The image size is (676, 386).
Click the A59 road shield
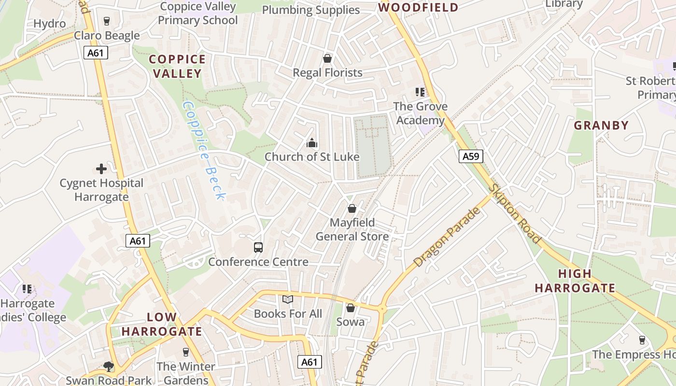point(470,156)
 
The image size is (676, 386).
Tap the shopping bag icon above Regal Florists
point(327,58)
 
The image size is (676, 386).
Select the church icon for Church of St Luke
point(312,143)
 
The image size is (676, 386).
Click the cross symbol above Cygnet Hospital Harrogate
point(101,169)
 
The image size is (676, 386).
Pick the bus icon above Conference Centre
point(258,248)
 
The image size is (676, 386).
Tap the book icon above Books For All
point(288,300)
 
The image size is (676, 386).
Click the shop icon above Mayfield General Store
point(352,208)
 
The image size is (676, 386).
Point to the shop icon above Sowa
point(351,307)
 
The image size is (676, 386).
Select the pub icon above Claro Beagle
point(107,21)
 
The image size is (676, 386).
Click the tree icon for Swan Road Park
point(109,367)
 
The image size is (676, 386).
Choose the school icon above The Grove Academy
point(420,92)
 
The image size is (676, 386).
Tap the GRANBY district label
point(601,125)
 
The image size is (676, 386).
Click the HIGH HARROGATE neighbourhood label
point(575,281)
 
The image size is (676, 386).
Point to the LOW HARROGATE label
point(161,324)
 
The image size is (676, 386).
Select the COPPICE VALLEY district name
point(177,66)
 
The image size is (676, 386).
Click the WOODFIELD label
point(418,7)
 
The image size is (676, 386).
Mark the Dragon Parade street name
point(447,237)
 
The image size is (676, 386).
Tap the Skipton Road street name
point(515,214)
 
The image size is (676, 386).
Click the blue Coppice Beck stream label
point(204,150)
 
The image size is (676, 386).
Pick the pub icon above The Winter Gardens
point(185,352)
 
